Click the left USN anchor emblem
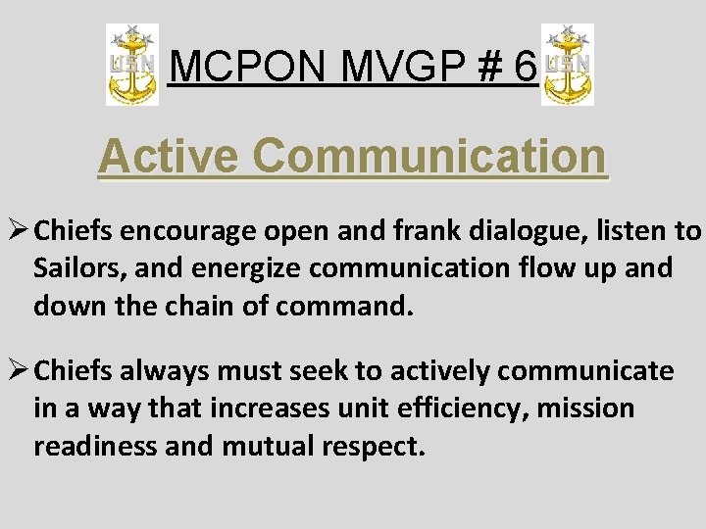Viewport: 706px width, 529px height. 132,66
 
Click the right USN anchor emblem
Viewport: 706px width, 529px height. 568,66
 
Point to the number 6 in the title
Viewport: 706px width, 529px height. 524,67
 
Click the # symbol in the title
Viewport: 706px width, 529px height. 484,67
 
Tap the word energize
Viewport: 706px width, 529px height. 241,267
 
